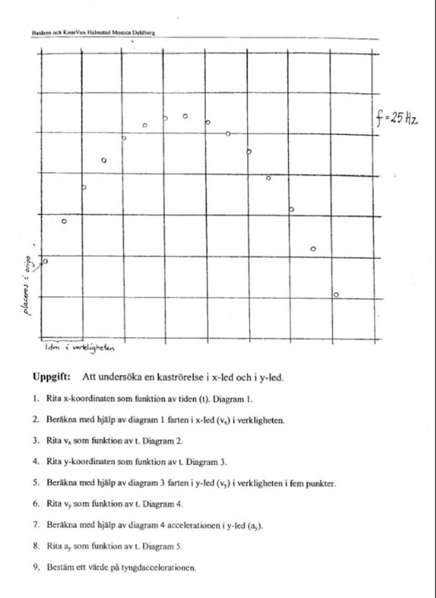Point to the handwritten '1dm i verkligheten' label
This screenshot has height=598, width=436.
(80, 347)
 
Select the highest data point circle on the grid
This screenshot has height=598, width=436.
(185, 116)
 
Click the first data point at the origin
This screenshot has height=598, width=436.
(45, 261)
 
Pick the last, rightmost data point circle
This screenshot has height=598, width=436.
(336, 294)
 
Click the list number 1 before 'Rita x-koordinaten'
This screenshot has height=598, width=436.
(35, 398)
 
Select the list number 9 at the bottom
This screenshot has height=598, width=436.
(35, 567)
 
